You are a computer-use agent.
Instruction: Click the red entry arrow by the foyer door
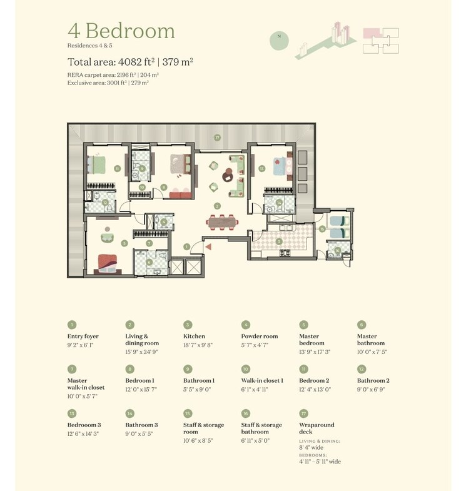click(x=209, y=248)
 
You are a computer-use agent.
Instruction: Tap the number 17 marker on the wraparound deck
click(x=217, y=138)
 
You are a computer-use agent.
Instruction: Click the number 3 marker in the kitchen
click(x=279, y=241)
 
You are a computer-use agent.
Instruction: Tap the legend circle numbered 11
click(x=304, y=369)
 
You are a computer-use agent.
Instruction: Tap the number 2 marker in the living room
click(x=217, y=205)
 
